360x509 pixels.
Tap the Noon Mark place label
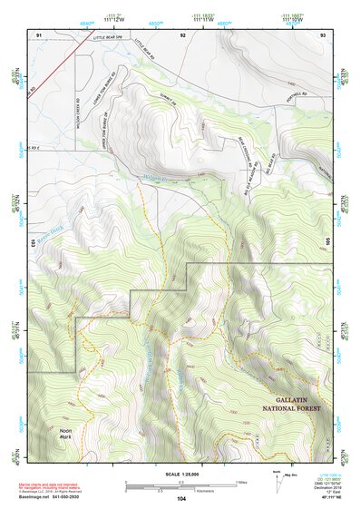(66, 433)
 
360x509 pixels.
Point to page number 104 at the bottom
(181, 498)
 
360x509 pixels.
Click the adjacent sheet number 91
(39, 34)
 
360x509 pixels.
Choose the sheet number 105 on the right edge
(329, 242)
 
